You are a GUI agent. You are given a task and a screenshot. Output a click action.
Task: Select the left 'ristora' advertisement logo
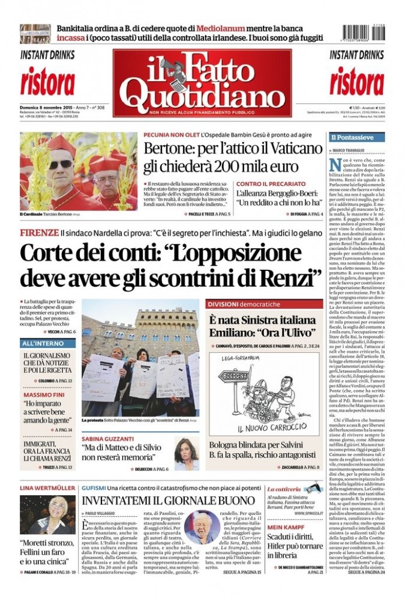[47, 82]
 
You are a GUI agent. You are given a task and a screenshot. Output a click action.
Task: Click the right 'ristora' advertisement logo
[357, 82]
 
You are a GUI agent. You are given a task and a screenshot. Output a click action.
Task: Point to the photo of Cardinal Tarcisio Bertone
[78, 172]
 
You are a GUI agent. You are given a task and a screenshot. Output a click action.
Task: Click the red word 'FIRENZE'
[39, 233]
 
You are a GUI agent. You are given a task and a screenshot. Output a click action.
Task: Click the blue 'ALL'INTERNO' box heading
[42, 343]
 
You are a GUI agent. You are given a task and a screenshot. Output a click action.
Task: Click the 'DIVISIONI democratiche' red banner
[243, 304]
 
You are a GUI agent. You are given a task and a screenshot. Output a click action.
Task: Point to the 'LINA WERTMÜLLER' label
[47, 488]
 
